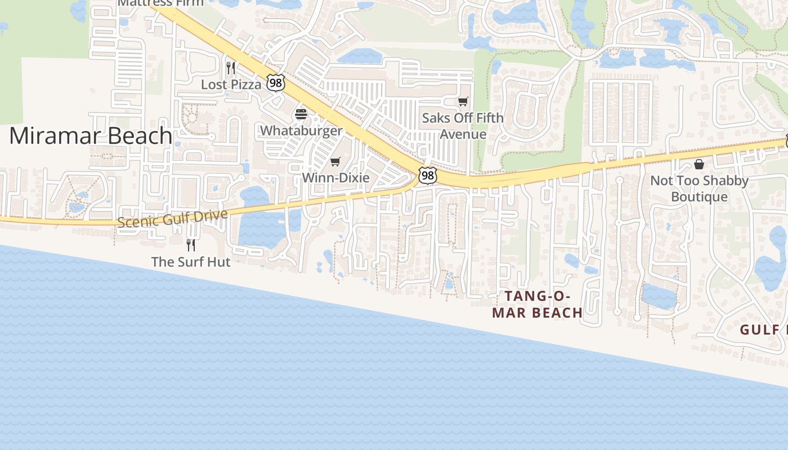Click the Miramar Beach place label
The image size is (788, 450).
pos(91,136)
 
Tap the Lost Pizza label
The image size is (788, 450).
pos(231,84)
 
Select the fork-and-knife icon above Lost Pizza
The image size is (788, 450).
pos(230,68)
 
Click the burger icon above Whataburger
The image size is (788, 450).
pos(301,115)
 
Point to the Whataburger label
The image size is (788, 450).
pos(301,130)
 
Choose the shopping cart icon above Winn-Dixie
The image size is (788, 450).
pos(335,162)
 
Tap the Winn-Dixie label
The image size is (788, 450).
pos(335,178)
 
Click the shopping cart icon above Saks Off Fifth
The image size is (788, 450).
pos(463,102)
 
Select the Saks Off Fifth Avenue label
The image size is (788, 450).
pos(463,126)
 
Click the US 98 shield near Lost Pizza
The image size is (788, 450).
pos(276,83)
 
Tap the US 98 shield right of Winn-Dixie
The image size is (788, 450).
pos(428,175)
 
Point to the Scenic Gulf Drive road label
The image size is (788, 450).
pos(173,218)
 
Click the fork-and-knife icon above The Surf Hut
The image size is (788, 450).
pos(191,245)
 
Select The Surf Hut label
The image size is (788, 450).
pos(191,262)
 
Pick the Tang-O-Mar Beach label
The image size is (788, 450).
pos(537,304)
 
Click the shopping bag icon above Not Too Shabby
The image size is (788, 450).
pos(699,164)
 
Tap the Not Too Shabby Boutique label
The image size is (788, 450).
pos(699,188)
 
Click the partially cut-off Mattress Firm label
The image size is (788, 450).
pos(160,3)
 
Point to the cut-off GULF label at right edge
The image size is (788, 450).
pos(763,330)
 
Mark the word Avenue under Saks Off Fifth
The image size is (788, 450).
pos(463,134)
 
